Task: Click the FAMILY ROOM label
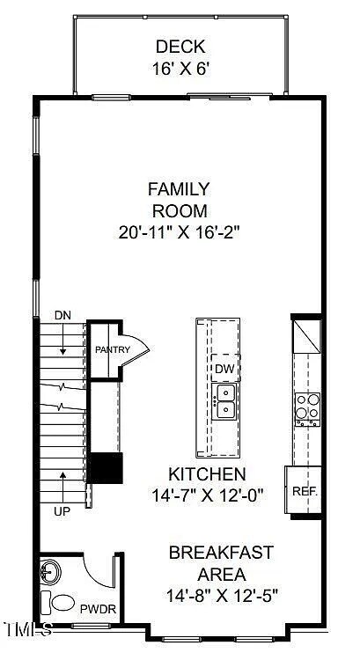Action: tap(178, 199)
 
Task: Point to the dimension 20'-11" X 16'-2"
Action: tap(178, 233)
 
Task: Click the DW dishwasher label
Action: tap(224, 368)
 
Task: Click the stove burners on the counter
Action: tap(306, 408)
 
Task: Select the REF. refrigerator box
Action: tap(304, 491)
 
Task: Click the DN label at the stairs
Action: tap(62, 314)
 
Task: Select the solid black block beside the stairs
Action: tap(107, 466)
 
